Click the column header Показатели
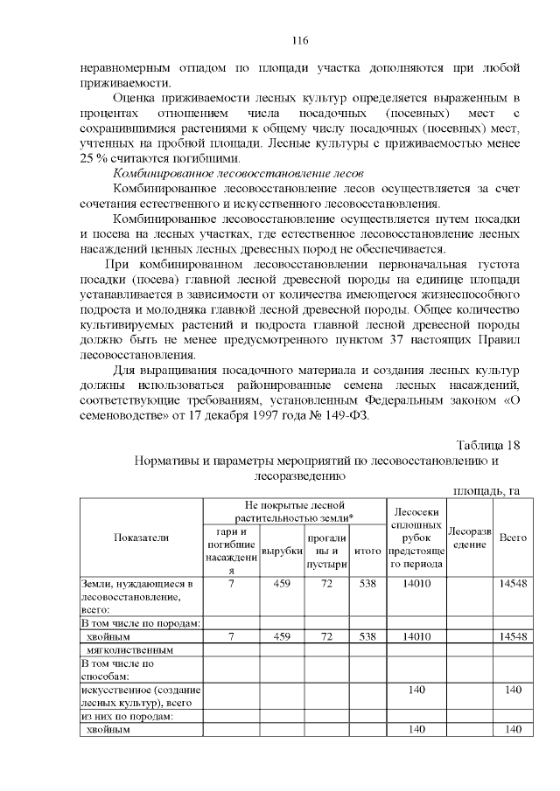point(142,538)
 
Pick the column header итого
point(367,552)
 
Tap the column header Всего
point(512,538)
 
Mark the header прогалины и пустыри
point(326,552)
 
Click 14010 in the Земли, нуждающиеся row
point(416,583)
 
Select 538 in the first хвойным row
point(367,637)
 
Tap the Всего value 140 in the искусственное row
point(512,690)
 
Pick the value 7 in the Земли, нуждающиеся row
point(231,583)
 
